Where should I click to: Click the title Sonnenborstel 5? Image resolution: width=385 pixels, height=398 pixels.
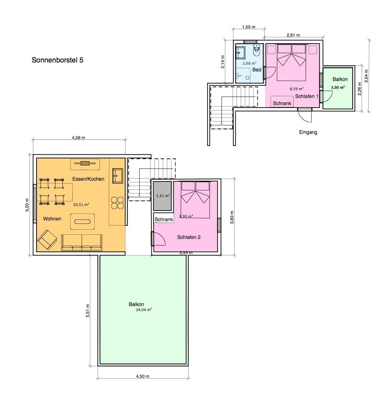coord(57,60)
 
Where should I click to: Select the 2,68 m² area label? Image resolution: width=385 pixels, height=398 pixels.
coord(250,63)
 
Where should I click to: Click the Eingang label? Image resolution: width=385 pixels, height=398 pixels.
coord(308,132)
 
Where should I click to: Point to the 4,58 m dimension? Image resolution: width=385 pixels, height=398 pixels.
coord(79,138)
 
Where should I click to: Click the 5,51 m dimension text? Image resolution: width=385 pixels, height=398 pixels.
coord(88,311)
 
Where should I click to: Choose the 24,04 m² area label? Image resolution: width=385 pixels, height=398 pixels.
coord(144,310)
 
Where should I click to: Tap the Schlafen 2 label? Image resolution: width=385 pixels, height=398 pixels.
coord(189,237)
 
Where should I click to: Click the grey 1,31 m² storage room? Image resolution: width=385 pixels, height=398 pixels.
coord(162,196)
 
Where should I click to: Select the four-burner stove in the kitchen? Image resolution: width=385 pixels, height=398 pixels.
coord(117,203)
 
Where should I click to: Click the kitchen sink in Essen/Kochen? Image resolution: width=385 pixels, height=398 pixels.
coord(118,176)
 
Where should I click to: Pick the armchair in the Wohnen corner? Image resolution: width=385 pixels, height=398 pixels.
coord(47,240)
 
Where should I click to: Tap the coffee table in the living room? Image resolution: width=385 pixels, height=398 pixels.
coord(82,222)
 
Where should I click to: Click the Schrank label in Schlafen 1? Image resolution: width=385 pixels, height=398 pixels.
coord(282,103)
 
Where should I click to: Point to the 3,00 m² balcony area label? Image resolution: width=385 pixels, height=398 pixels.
coord(337,87)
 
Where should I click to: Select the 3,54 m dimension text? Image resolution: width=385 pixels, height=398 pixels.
coord(366,76)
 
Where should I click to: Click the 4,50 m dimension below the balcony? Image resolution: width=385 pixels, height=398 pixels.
coord(143,376)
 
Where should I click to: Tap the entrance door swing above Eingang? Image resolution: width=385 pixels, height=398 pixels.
coord(305,115)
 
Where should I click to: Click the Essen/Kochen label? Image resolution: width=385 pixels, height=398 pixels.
coord(89,179)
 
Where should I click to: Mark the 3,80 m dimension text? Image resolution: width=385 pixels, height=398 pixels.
coord(232,217)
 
